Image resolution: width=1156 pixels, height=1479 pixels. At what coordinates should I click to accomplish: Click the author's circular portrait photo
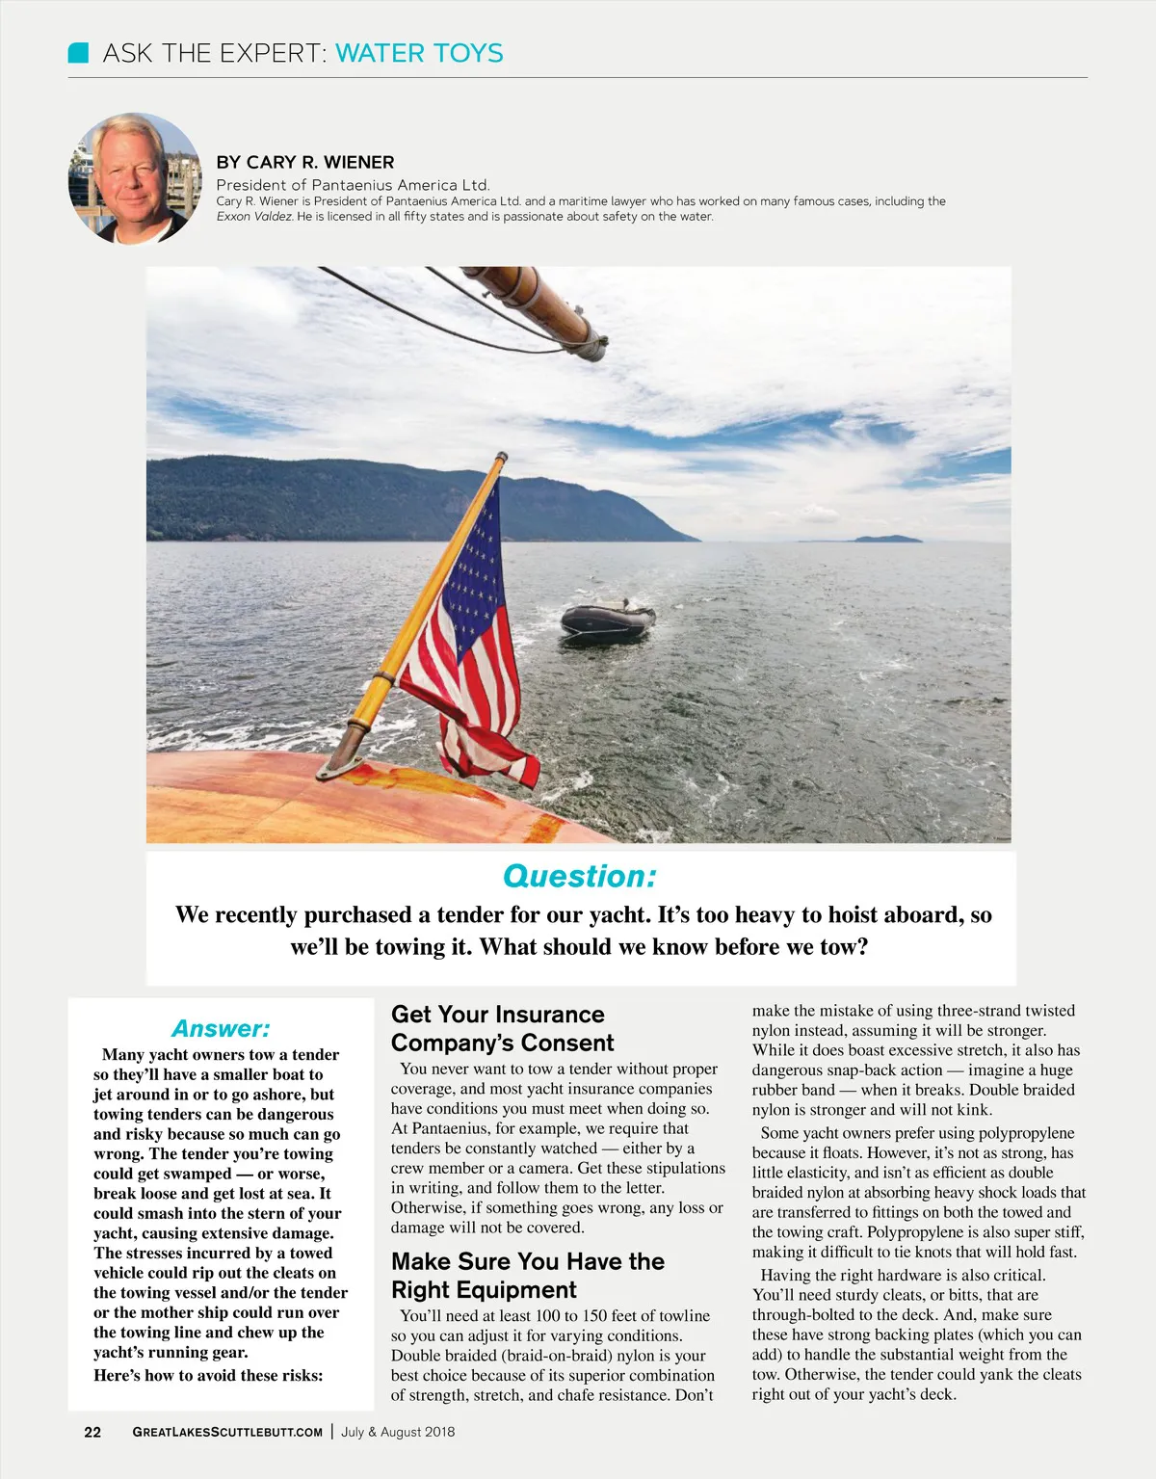134,179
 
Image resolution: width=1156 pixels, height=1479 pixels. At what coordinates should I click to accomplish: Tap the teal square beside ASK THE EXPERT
79,53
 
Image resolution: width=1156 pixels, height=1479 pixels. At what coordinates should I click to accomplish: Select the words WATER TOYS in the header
419,53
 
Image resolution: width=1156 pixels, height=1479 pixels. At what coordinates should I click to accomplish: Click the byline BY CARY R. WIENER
305,162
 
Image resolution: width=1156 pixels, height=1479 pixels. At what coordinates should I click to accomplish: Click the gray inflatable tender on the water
608,621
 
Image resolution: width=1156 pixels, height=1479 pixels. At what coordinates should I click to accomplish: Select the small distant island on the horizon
887,539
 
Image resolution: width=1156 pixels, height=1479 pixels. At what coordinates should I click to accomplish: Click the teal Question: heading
580,876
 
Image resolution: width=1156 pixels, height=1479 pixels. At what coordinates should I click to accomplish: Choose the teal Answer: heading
221,1028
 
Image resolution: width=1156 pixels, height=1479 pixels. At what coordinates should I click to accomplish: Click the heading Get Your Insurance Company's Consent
502,1028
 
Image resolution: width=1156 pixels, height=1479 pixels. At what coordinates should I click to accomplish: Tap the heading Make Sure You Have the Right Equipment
528,1276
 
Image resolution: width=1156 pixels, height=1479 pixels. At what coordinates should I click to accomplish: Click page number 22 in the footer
92,1432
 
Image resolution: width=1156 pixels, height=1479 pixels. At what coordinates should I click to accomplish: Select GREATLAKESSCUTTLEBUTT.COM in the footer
227,1432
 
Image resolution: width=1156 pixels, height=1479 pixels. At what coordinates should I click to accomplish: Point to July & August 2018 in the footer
398,1432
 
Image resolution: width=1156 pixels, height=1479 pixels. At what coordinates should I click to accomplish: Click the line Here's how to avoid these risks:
208,1375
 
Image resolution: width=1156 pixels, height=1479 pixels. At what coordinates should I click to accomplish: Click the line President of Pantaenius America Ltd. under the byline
353,185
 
